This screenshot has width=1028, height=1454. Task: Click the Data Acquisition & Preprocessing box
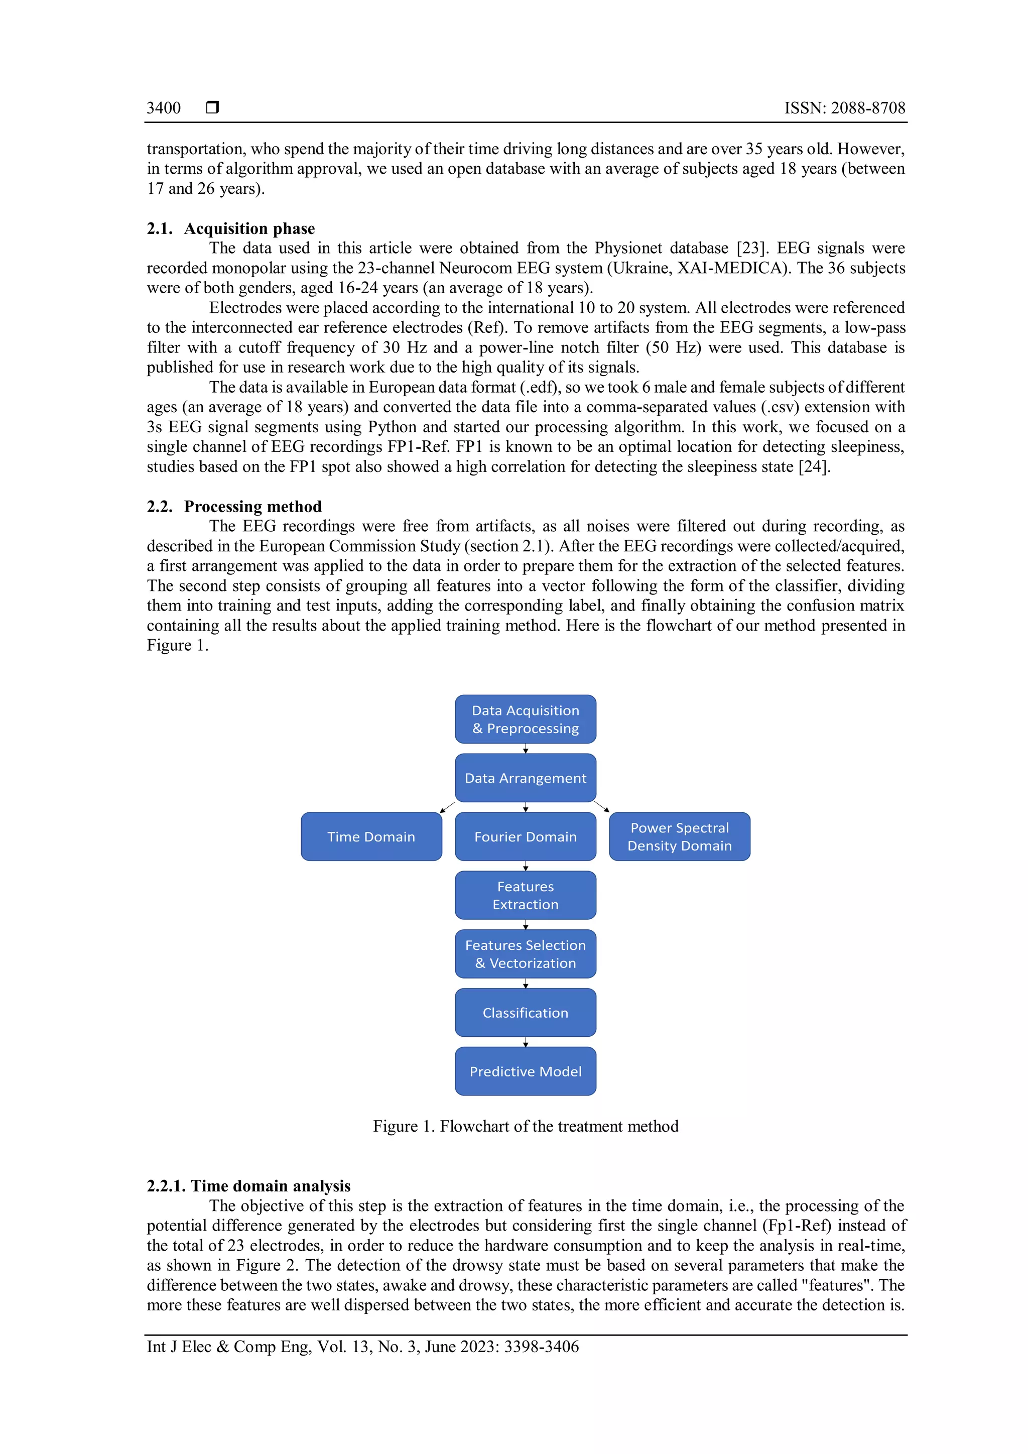click(526, 719)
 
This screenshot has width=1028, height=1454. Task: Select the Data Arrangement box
click(526, 778)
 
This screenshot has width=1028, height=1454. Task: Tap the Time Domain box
click(371, 836)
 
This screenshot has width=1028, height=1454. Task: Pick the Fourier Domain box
click(526, 836)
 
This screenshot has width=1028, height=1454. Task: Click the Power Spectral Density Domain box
click(679, 836)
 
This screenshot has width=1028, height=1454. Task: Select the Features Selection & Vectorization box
click(526, 954)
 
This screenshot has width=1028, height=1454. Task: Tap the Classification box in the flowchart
click(526, 1013)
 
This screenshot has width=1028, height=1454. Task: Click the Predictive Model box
click(526, 1071)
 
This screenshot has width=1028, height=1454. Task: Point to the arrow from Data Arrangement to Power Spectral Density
click(602, 807)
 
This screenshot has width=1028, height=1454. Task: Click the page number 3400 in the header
click(163, 108)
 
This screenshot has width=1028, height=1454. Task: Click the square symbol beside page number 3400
click(213, 107)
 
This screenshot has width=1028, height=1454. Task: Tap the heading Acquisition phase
click(249, 228)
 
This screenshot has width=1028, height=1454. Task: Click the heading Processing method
click(252, 507)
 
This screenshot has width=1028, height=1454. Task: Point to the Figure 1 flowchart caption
click(526, 1127)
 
